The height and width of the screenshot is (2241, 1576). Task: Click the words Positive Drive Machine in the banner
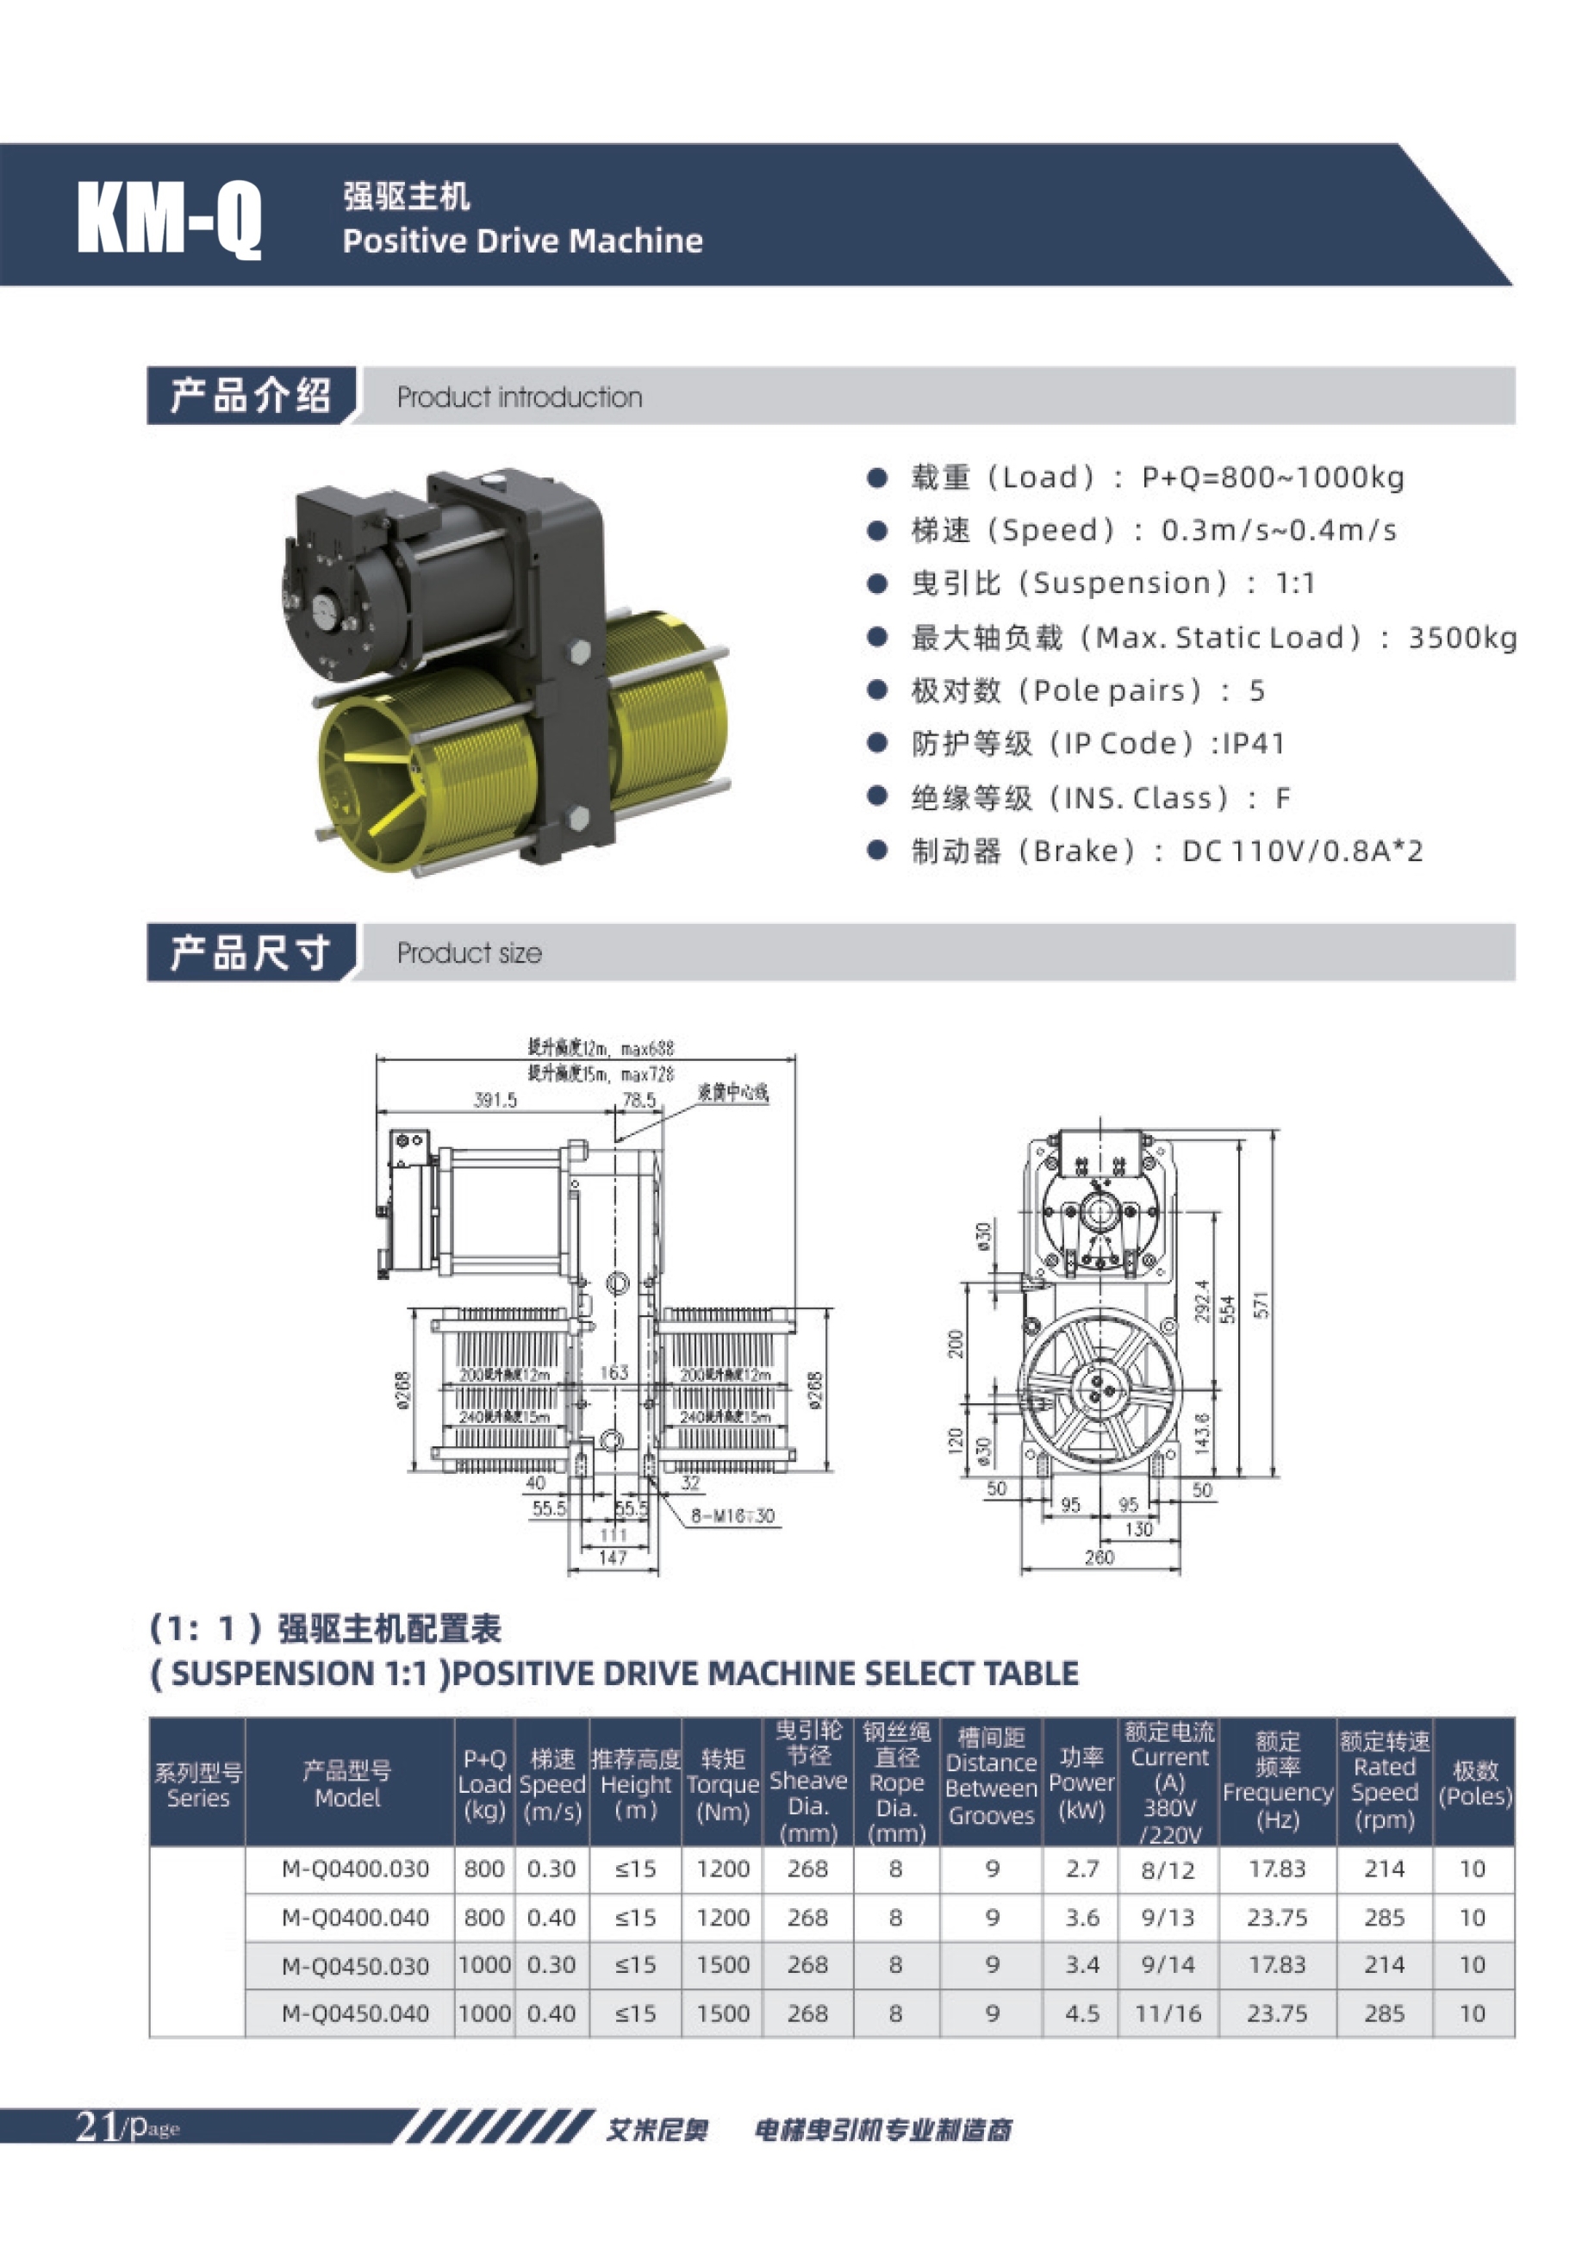522,240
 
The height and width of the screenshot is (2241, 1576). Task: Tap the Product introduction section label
519,397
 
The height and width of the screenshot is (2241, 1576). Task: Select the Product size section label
469,952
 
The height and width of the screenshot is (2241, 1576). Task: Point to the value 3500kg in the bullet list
1461,637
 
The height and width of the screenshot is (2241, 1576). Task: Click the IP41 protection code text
1253,744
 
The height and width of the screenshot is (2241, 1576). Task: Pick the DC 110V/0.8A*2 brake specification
1302,851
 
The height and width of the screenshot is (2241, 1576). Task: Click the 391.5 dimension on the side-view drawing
495,1100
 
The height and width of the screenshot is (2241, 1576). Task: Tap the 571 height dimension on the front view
1261,1305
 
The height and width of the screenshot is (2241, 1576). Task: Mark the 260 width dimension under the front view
1099,1557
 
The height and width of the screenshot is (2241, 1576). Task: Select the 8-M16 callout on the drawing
732,1516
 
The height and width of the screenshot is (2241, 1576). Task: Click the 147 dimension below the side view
612,1557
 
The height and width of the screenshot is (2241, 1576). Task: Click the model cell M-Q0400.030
355,1870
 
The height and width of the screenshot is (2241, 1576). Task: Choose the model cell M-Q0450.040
355,2013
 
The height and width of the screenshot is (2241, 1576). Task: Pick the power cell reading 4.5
1082,2013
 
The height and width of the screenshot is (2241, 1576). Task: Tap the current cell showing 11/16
1168,2013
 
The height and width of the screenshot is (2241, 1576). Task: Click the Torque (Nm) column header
722,1785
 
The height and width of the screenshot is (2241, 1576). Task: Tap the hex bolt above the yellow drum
576,653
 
